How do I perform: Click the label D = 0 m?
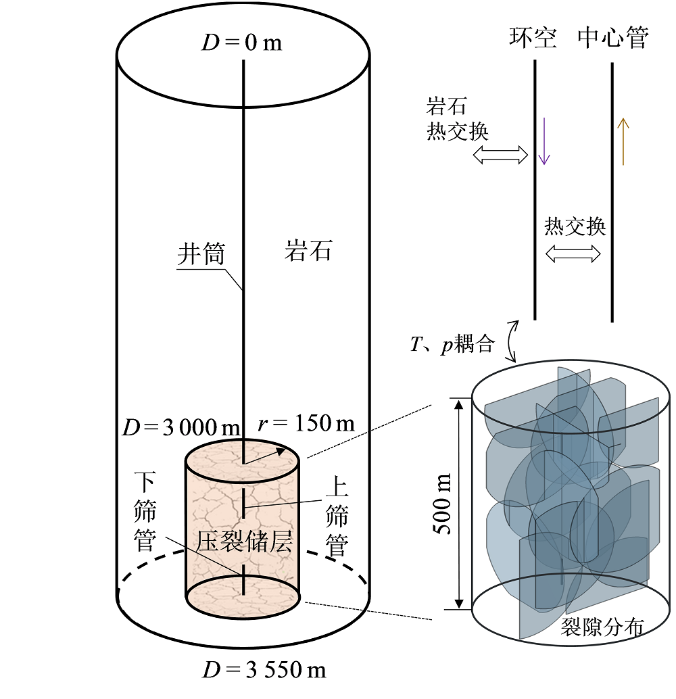pos(242,43)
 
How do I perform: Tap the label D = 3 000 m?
pos(181,427)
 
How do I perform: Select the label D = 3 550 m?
pos(264,669)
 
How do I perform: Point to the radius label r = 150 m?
pos(306,423)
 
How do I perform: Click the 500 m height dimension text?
pos(443,504)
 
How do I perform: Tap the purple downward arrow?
pos(544,141)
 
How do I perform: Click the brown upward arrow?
pos(623,141)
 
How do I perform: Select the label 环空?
pos(533,37)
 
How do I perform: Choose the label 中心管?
pos(613,37)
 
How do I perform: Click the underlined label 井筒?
pos(201,254)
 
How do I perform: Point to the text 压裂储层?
pos(244,541)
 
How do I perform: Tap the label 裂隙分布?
pos(602,627)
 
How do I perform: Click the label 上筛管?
pos(337,516)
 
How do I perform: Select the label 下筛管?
pos(145,512)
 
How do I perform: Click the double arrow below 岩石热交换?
pos(500,155)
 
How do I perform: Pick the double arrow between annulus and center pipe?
pos(573,254)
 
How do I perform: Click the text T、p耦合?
pos(452,343)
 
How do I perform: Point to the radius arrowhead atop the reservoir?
pos(281,451)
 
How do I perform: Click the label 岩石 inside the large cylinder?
pos(308,251)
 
